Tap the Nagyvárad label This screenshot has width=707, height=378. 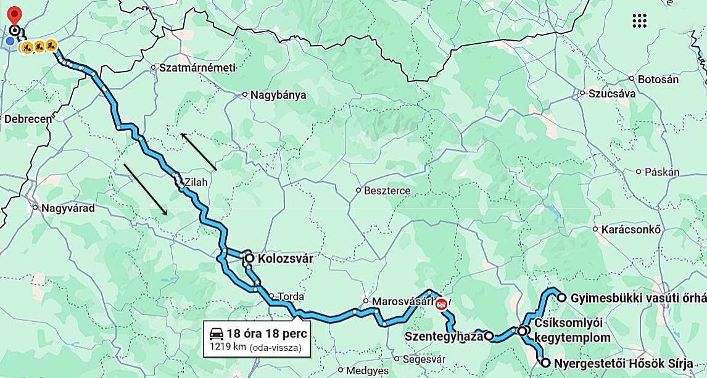[68, 208]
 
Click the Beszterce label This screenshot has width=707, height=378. [387, 191]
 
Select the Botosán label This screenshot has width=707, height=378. [658, 79]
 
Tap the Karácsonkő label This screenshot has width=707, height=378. [631, 229]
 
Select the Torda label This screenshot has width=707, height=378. [291, 296]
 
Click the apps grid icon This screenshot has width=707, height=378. [640, 20]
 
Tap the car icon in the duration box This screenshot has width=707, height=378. [217, 334]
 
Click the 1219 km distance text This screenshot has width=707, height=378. [228, 347]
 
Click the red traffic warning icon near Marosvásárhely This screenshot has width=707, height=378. [441, 303]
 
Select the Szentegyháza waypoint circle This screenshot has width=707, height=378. [488, 336]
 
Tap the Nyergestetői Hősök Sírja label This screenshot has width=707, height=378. [622, 363]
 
